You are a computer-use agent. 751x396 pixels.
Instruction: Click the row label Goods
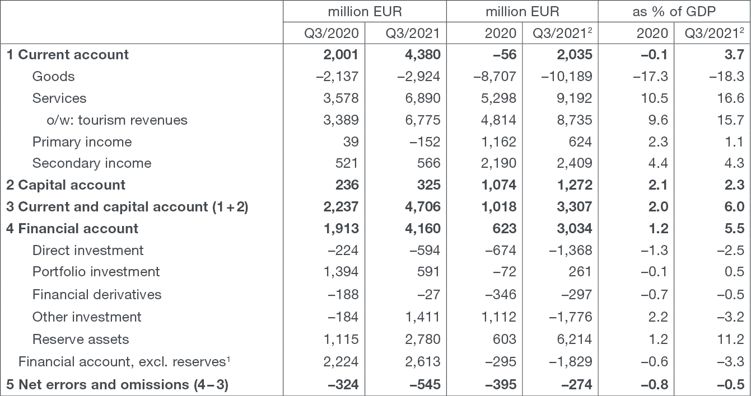pos(53,76)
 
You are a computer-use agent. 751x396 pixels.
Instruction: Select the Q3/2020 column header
pos(331,33)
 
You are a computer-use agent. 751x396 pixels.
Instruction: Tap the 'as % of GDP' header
pos(674,12)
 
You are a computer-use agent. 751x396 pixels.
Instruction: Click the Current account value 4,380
pos(422,55)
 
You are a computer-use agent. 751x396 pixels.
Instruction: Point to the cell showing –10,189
pos(567,76)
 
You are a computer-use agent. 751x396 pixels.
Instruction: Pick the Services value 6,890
pos(422,98)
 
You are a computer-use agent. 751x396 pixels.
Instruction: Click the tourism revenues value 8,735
pos(575,120)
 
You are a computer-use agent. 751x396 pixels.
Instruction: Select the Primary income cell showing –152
pos(425,142)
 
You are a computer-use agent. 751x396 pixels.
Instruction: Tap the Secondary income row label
pos(92,163)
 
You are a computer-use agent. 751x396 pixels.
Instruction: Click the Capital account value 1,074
pos(499,185)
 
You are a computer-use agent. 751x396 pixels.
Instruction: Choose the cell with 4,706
pos(422,206)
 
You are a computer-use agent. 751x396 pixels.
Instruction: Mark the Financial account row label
pos(72,228)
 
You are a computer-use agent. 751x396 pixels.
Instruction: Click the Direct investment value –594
pos(425,250)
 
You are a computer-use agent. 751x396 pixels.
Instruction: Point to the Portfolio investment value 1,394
pos(341,271)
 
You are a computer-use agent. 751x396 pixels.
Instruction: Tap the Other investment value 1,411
pos(422,317)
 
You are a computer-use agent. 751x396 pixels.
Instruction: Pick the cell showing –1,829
pos(571,361)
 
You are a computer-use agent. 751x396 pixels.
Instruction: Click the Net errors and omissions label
pos(117,385)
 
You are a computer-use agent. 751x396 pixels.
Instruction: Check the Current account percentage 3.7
pos(734,55)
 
